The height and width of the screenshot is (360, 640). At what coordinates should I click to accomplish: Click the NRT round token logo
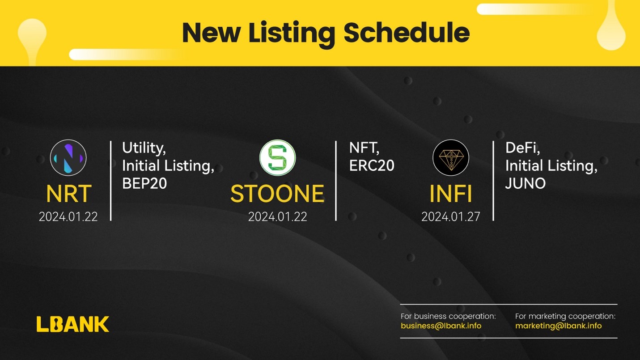point(68,158)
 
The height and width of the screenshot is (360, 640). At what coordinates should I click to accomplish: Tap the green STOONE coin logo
point(277,158)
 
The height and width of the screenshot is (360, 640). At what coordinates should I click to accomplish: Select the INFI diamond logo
point(451,158)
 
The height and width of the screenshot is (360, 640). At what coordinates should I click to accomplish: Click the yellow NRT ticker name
point(68,194)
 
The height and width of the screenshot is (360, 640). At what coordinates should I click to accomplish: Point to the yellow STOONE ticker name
point(277,194)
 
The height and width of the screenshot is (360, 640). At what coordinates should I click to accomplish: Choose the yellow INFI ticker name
point(450,194)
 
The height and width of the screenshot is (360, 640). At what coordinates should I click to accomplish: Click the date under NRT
point(68,217)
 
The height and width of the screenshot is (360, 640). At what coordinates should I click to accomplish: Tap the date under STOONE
point(277,217)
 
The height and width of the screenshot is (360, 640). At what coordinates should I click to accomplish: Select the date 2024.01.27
point(450,217)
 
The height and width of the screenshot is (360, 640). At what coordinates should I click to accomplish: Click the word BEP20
point(144,183)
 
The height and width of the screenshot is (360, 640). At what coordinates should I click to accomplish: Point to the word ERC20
point(372,165)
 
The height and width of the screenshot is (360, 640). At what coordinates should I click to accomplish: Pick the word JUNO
point(526,183)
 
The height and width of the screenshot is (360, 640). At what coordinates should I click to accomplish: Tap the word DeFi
point(523,148)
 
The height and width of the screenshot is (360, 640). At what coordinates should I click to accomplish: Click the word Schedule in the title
point(407,32)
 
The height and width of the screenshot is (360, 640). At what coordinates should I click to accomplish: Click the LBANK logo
point(73,324)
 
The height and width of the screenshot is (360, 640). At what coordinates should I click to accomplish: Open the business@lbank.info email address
point(441,326)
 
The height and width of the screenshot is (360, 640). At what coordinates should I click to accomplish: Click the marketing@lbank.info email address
point(559,326)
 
